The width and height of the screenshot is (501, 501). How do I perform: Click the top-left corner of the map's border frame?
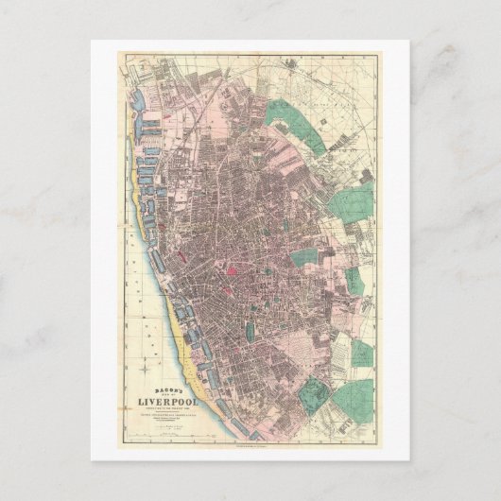(118, 54)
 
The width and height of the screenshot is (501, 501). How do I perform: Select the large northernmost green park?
(293, 118)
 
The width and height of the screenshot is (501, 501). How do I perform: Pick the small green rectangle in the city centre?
(250, 332)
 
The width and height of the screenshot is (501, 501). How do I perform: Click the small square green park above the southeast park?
(362, 354)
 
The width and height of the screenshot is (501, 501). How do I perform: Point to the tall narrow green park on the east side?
(353, 279)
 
